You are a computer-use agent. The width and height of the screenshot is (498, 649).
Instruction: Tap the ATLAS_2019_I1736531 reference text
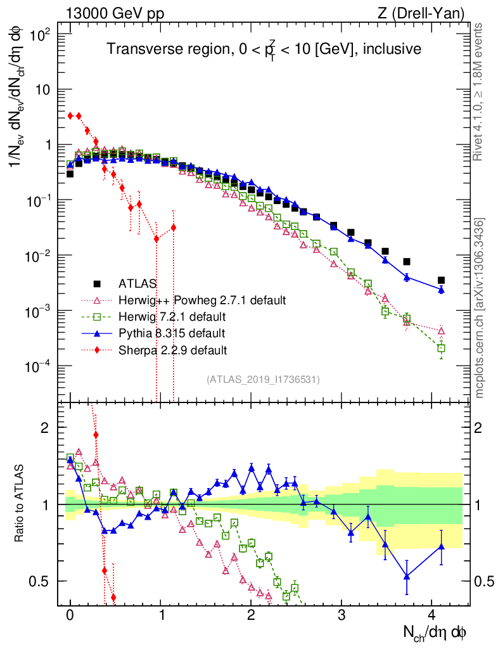coord(263,380)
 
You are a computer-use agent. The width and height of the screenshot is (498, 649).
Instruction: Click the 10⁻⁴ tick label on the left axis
coord(39,366)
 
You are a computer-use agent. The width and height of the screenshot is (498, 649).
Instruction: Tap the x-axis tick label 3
coord(342,615)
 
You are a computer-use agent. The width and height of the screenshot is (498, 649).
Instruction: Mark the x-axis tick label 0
coord(70,615)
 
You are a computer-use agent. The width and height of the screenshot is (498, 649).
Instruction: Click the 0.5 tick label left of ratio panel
coord(41,581)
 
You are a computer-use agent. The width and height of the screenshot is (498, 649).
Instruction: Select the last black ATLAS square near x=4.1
coord(441,280)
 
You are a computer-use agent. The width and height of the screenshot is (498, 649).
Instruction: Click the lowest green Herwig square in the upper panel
coord(441,348)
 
